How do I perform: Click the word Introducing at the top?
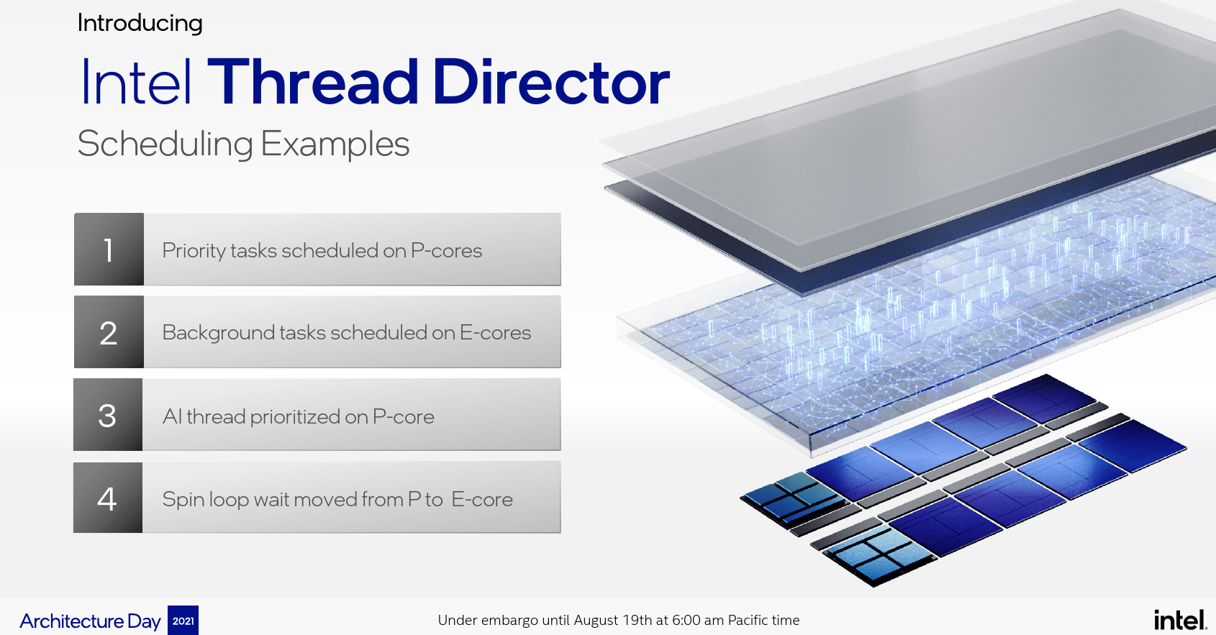140,24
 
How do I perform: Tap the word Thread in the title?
313,82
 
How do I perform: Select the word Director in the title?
551,82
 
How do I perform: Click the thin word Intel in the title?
136,82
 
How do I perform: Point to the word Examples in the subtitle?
335,145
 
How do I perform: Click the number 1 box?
109,249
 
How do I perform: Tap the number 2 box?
109,332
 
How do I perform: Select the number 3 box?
108,415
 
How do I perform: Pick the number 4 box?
108,498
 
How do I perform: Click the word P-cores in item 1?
446,251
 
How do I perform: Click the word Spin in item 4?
183,500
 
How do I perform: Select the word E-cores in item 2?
495,333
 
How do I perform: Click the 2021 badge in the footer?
183,621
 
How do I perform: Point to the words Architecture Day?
90,621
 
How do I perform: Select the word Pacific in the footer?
748,620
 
